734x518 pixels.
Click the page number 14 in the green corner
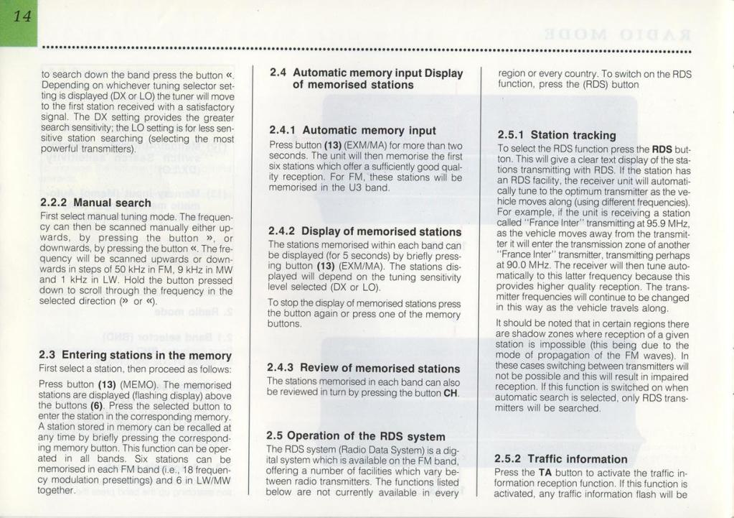(x=19, y=18)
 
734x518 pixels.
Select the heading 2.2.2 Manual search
(x=96, y=203)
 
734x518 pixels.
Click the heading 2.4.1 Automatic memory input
(x=352, y=130)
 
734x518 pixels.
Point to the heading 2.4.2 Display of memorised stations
(x=364, y=231)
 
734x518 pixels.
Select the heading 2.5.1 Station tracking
(x=557, y=134)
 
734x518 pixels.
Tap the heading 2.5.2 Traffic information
(x=561, y=458)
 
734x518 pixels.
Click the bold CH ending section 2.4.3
(x=451, y=393)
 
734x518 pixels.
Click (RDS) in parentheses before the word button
(x=595, y=84)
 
